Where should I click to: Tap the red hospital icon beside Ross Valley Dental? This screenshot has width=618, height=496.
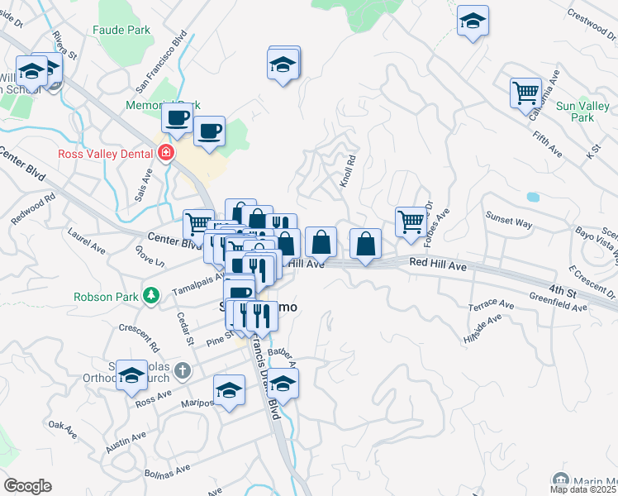[x=166, y=153]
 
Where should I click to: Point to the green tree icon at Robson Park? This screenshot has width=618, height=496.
[x=150, y=294]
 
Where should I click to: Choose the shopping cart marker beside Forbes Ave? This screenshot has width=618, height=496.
[x=410, y=221]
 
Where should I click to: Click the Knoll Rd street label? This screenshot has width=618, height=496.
[x=349, y=171]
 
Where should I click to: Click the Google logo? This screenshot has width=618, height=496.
[x=27, y=485]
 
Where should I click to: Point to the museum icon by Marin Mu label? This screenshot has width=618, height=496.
[x=561, y=480]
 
